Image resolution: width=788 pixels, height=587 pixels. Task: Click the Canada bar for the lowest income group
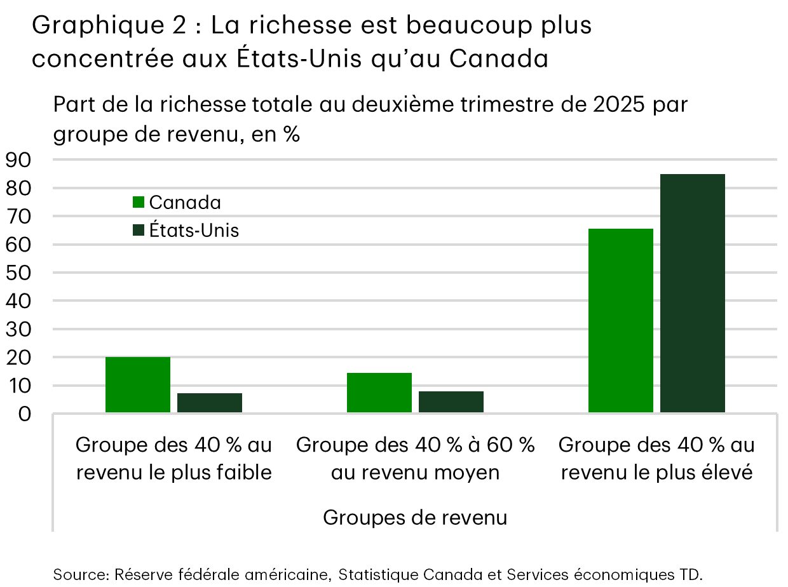point(138,385)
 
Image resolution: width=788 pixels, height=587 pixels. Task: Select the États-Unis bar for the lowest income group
point(210,403)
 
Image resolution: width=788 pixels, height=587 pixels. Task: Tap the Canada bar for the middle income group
point(379,393)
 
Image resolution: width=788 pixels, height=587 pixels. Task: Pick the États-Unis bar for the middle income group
point(451,402)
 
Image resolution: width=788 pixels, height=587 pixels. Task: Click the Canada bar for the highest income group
point(621,321)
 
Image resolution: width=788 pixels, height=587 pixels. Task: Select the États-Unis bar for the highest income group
point(693,293)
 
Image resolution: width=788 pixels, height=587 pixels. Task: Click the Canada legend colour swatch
point(139,203)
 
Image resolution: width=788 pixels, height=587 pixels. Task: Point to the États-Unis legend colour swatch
point(139,231)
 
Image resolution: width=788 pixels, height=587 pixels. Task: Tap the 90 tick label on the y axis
point(20,161)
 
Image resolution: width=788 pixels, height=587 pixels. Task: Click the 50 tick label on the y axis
point(20,273)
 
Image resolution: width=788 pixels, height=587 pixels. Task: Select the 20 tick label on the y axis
point(20,358)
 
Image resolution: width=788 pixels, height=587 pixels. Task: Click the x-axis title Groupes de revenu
point(415,518)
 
